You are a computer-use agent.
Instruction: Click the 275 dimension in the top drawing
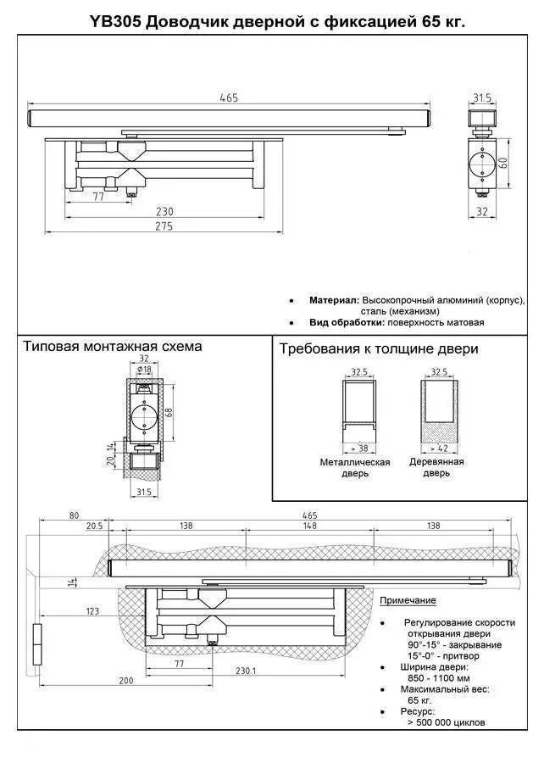164,227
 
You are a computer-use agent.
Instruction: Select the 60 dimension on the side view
502,163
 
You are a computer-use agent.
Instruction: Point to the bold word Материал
334,301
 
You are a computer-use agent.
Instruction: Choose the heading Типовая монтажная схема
113,347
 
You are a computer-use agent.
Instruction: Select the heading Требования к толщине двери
379,348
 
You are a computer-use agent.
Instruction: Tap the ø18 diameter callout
144,370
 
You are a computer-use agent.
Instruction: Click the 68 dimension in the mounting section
169,411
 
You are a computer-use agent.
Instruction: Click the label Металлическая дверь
354,468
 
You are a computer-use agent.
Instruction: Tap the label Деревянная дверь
437,468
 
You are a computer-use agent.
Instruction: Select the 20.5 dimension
94,526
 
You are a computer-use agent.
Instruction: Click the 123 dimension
92,611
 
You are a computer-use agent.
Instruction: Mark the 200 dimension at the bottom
125,681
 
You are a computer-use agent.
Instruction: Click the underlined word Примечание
408,600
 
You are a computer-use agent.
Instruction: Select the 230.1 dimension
247,671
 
